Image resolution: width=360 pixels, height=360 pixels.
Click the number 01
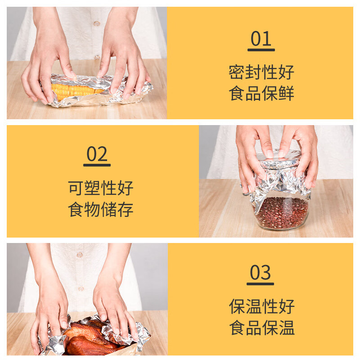point(261,39)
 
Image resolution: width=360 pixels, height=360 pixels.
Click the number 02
point(97,155)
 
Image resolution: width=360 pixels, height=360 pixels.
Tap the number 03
point(261,273)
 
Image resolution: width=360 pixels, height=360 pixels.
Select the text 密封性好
point(261,72)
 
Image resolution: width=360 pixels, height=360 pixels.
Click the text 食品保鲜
point(261,94)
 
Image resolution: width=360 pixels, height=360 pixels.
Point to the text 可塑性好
point(101,188)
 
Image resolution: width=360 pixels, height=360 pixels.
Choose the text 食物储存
point(101,210)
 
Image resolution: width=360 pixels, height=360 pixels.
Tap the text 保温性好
point(261,306)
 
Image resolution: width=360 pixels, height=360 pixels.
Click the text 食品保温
point(261,328)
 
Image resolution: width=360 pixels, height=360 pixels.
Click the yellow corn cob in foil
point(74,90)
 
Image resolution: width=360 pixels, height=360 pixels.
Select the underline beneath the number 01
point(261,49)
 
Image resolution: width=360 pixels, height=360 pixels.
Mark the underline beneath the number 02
point(97,165)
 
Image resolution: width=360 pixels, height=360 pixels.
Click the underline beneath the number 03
point(261,284)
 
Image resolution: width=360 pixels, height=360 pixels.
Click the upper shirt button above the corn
point(96,23)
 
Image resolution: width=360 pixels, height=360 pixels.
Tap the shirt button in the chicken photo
point(80,255)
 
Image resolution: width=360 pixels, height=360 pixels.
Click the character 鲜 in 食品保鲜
point(286,94)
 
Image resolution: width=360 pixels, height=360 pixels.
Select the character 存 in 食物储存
point(126,210)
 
